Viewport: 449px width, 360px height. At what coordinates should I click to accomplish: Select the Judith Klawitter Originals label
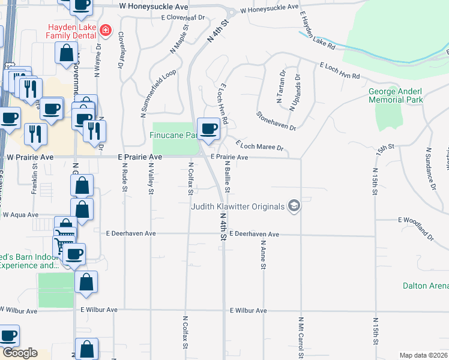[238, 207]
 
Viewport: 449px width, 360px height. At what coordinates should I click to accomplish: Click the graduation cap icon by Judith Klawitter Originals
[294, 206]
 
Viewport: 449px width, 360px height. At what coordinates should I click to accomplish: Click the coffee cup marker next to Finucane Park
[208, 128]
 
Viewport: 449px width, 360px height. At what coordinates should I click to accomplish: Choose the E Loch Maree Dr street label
[259, 146]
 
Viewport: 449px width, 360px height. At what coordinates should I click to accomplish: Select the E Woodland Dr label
[416, 228]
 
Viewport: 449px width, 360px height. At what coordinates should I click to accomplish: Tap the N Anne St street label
[263, 255]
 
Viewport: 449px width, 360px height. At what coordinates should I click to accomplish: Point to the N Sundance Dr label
[430, 168]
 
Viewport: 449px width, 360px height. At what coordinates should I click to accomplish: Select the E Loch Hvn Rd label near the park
[339, 71]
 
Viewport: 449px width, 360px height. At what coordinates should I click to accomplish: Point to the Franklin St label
[34, 184]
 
